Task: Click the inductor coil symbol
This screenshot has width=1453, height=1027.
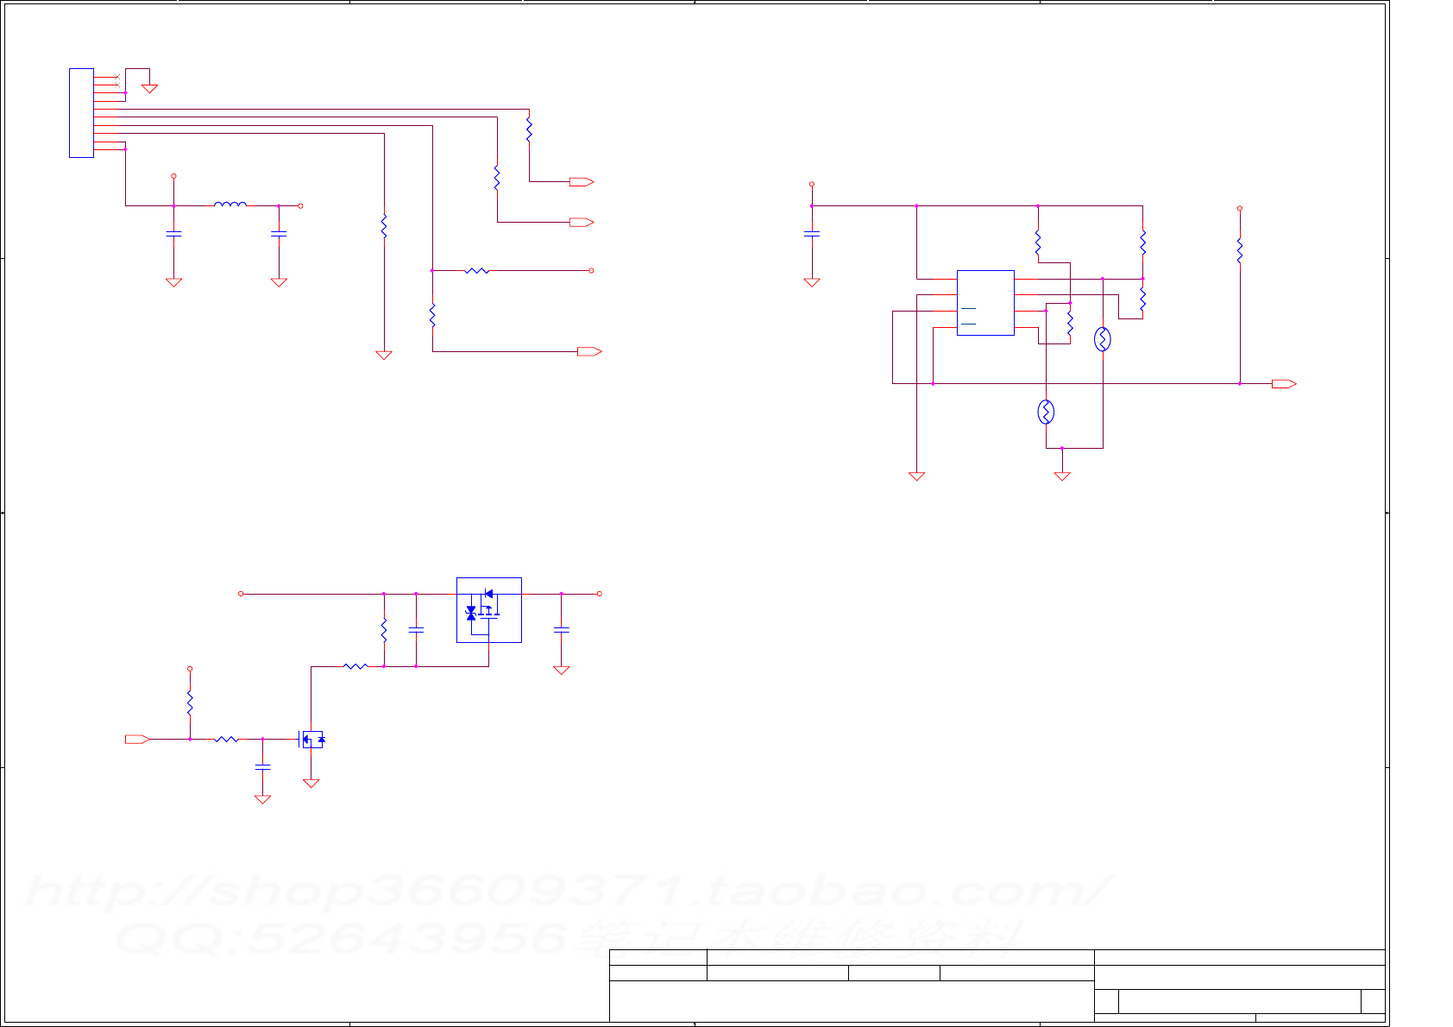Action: pos(230,205)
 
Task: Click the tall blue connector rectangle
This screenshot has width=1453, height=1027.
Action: pos(81,113)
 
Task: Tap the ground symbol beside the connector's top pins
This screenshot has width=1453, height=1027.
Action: pos(149,88)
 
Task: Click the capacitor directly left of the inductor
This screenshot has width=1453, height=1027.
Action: pos(173,233)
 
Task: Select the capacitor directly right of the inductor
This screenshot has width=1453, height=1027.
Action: pos(279,233)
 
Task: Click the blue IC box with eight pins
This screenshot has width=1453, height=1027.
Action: pos(985,302)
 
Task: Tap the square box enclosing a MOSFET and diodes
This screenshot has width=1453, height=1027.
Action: pos(488,609)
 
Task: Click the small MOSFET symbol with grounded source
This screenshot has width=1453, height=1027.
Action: pos(311,739)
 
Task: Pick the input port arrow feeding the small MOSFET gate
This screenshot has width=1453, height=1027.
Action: pos(137,739)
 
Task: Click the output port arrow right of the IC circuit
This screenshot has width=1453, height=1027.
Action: pos(1284,383)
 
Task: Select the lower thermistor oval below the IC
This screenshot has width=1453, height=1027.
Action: pos(1046,413)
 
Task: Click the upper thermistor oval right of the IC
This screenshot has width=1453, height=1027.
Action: pos(1102,339)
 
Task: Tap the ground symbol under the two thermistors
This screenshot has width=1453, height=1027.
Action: pos(1062,476)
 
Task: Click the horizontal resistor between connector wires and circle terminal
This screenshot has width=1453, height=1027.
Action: pos(477,270)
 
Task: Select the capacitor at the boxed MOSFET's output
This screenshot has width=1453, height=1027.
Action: pos(561,631)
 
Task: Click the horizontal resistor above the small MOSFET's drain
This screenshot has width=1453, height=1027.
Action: pos(355,666)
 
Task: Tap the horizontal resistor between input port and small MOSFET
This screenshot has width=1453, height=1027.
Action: pos(226,739)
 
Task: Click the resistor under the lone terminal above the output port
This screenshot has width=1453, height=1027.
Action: pos(1239,250)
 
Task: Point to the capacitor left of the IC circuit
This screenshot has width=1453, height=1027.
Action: pos(811,233)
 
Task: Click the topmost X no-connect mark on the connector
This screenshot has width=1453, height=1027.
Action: pos(116,77)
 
